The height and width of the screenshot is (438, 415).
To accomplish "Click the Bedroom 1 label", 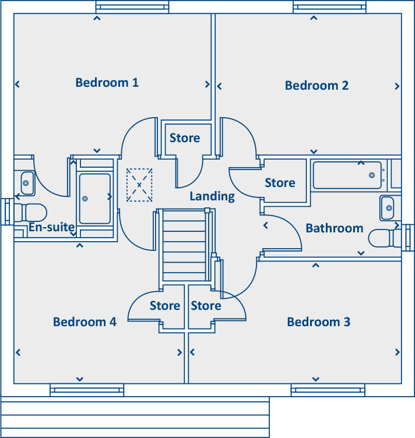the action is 107,83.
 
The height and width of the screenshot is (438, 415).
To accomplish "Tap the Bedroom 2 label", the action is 316,86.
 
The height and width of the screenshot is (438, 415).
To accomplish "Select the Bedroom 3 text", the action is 319,322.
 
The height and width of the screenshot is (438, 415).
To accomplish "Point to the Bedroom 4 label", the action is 85,322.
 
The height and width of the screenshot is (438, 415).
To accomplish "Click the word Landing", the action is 212,196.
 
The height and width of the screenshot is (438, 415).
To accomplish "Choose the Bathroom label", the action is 335,228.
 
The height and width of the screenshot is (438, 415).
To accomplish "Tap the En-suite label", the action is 52,227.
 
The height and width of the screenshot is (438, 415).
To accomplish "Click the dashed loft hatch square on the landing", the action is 139,185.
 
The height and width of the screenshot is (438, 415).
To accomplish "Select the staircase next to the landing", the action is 184,246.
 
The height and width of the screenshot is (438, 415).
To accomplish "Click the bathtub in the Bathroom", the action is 347,175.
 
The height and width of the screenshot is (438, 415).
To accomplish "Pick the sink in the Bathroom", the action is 388,208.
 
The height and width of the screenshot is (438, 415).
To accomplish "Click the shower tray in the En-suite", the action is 95,199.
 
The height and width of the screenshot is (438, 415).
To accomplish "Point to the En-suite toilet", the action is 30,213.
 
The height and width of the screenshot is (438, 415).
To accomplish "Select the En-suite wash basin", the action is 27,183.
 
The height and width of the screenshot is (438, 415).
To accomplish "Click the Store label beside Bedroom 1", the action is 185,138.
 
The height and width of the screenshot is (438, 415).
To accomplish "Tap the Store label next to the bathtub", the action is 280,183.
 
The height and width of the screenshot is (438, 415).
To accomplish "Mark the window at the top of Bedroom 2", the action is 329,7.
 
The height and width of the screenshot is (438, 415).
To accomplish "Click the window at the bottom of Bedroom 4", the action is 87,390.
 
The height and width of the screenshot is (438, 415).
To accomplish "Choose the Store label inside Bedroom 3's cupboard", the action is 206,306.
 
